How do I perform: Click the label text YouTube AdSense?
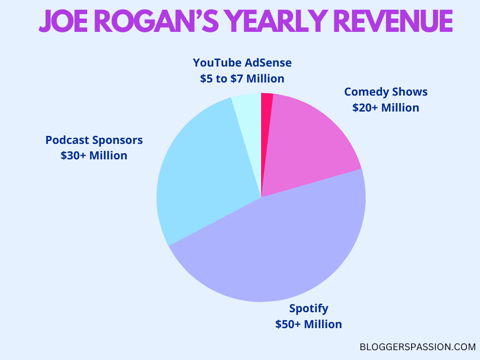pos(242,63)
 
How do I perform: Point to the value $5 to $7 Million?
pos(242,78)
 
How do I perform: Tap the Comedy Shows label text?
pos(386,92)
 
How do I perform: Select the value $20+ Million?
pos(386,107)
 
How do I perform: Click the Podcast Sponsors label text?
pos(94,140)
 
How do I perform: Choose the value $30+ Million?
pos(94,155)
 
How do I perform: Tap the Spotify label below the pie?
pos(309,308)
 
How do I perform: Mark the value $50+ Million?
pos(309,324)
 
